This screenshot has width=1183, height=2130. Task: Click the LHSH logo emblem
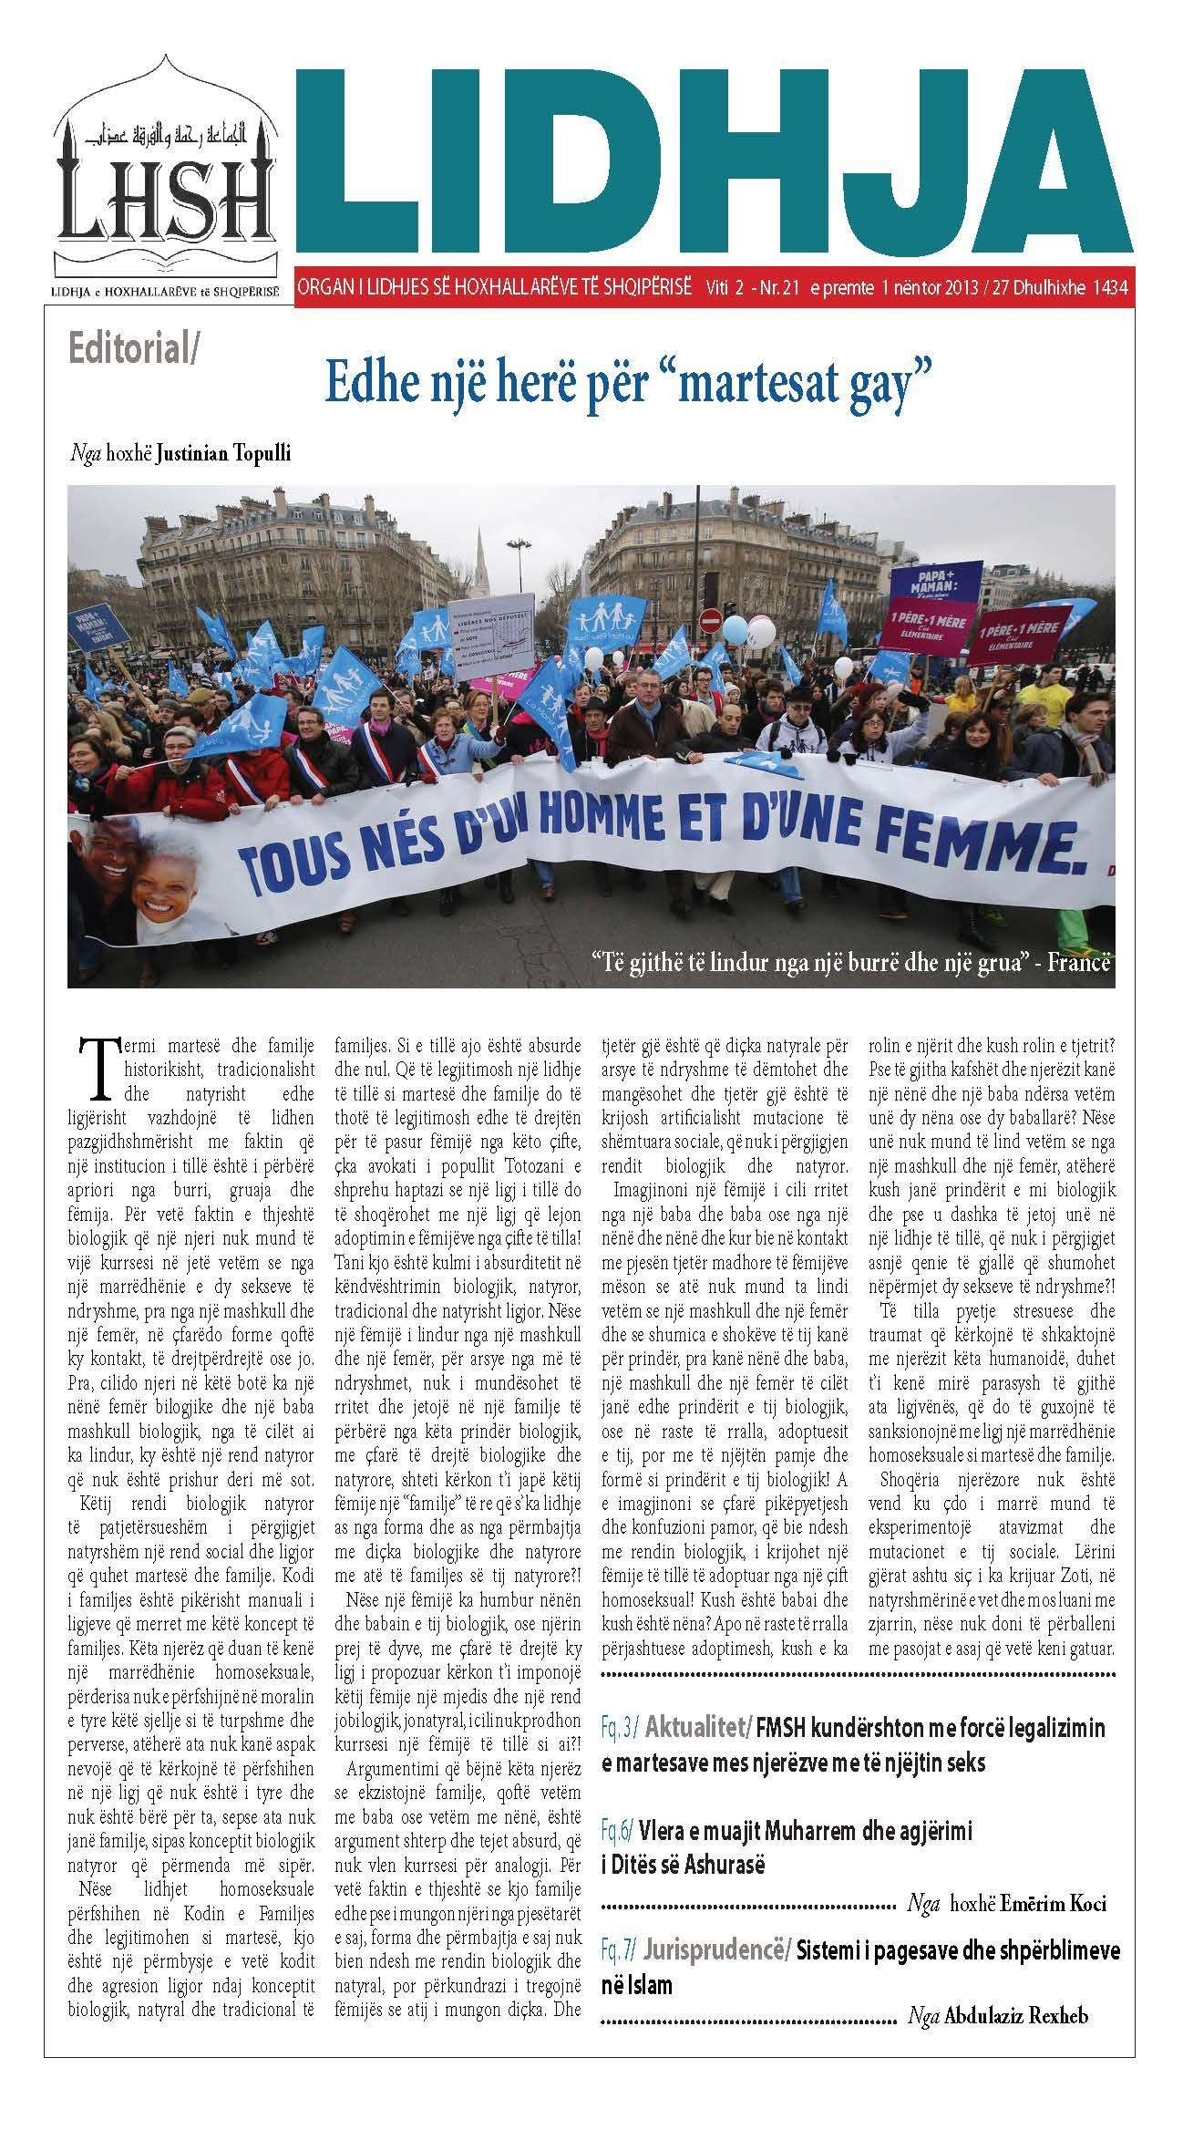tap(165, 186)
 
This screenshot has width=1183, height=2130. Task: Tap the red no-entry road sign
tap(707, 622)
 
